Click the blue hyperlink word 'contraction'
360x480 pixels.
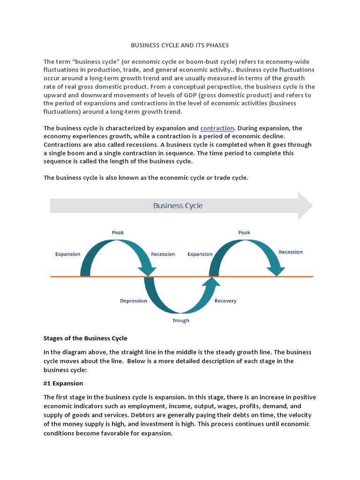click(x=217, y=128)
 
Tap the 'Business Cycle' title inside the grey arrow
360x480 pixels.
click(x=178, y=205)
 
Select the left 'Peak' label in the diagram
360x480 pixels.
click(x=118, y=232)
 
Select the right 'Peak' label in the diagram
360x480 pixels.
click(x=244, y=232)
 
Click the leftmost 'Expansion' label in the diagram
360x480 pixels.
click(x=67, y=254)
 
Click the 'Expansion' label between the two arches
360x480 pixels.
click(x=200, y=254)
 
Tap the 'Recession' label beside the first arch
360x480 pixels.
click(x=163, y=254)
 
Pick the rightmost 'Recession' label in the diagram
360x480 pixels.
click(x=291, y=252)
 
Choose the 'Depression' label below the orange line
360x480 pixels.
click(x=133, y=301)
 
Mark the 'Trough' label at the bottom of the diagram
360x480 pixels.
click(x=180, y=321)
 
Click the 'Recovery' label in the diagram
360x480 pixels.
click(x=225, y=301)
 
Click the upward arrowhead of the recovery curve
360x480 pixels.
click(x=212, y=281)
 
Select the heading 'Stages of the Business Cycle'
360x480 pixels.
click(x=85, y=338)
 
